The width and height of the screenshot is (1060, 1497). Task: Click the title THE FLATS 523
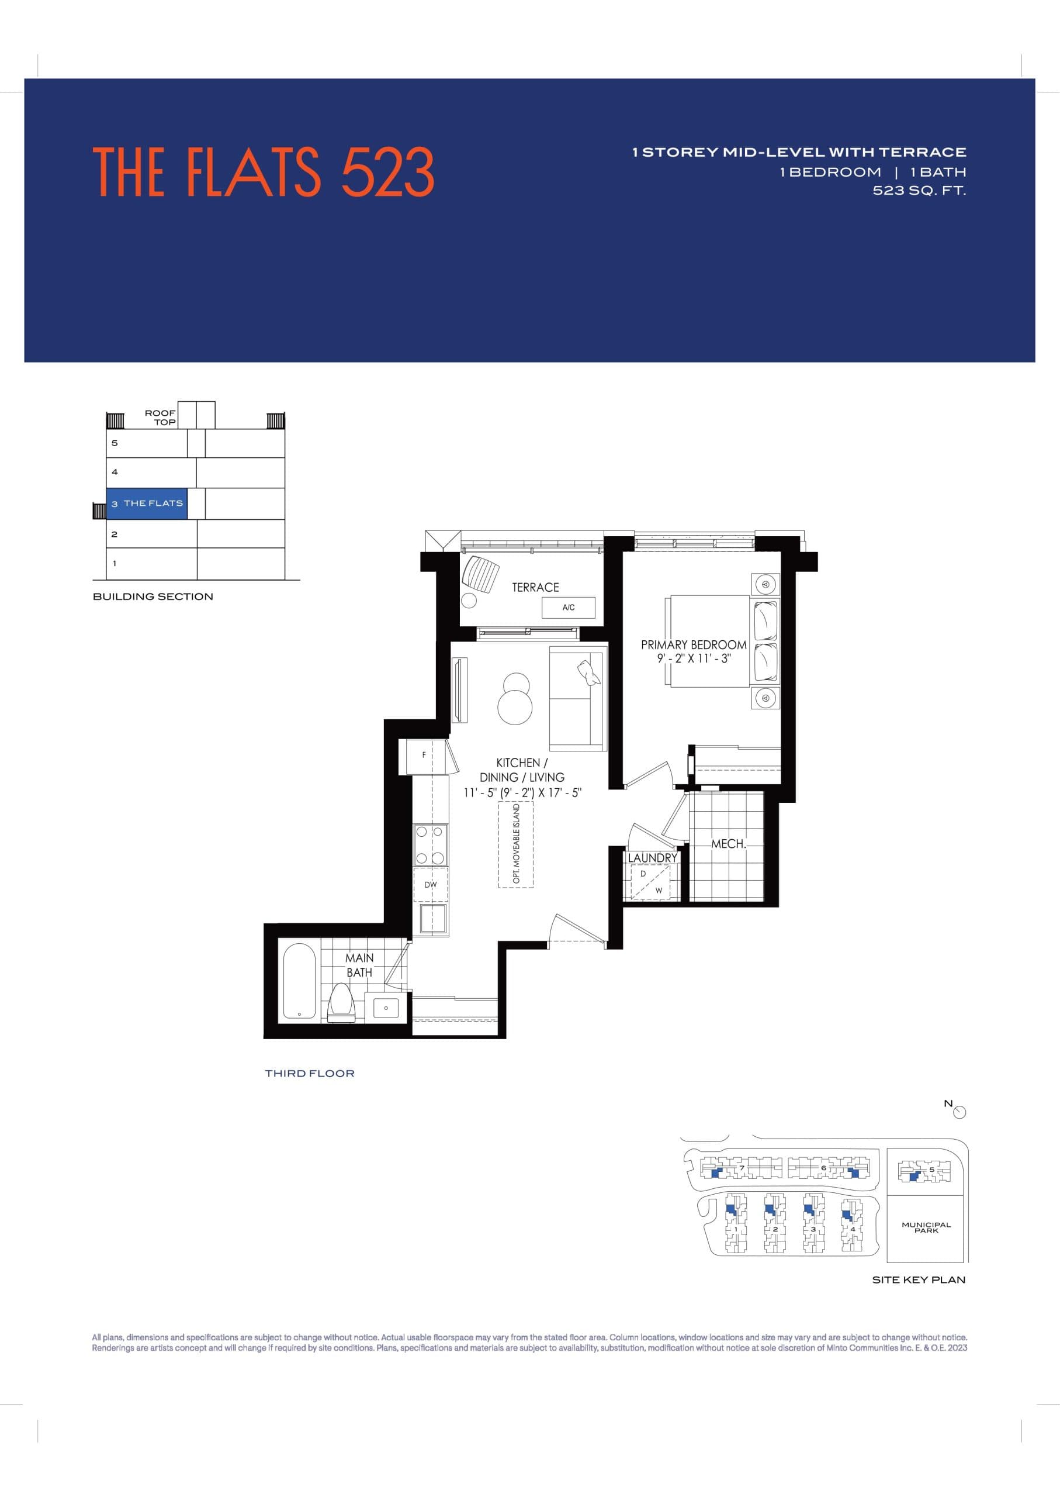click(x=263, y=172)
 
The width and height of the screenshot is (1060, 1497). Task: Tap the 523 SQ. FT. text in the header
click(x=919, y=191)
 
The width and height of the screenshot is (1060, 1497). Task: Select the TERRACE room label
click(x=535, y=588)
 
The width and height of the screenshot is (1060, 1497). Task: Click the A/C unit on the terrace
click(x=569, y=608)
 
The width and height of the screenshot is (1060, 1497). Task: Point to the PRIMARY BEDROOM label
click(x=693, y=644)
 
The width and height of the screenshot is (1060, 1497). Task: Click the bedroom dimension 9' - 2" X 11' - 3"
click(x=693, y=659)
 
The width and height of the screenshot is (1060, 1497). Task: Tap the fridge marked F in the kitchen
click(x=424, y=756)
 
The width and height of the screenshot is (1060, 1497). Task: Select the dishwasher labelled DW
click(x=431, y=885)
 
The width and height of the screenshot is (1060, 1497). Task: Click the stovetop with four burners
click(x=431, y=845)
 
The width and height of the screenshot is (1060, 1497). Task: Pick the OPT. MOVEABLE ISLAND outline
click(x=515, y=844)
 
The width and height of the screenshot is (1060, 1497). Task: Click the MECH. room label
click(x=728, y=844)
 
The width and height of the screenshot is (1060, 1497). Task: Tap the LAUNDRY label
click(x=652, y=858)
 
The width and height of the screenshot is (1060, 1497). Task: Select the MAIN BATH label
click(x=359, y=965)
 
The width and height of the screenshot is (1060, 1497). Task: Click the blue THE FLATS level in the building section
click(x=147, y=503)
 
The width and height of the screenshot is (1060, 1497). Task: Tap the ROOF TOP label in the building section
click(x=161, y=418)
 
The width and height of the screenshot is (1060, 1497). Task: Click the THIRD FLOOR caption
click(x=309, y=1074)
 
